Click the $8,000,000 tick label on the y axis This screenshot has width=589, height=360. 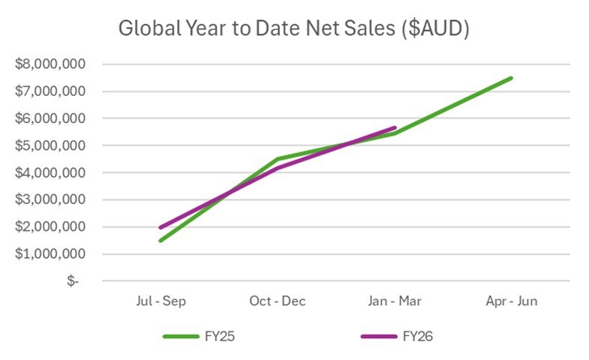point(50,64)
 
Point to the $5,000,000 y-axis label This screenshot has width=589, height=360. point(50,145)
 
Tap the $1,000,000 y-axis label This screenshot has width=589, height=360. point(50,253)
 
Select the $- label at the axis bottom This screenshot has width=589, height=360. point(72,280)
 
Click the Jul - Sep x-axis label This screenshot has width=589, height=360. point(160,301)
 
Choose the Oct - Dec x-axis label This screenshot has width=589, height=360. point(277,301)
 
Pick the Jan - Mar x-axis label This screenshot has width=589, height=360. point(394,301)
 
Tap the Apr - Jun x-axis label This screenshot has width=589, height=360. point(511,301)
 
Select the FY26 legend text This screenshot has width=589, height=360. point(416,336)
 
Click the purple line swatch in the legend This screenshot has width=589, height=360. point(380,337)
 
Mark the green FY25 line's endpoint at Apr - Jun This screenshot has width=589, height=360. point(511,78)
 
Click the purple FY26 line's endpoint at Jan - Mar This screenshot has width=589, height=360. point(394,128)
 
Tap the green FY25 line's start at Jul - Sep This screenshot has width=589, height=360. point(161,240)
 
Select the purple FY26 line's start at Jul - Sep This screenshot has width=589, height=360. point(161,227)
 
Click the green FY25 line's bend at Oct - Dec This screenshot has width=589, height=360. point(278,159)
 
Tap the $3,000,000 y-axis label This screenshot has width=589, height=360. point(50,199)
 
